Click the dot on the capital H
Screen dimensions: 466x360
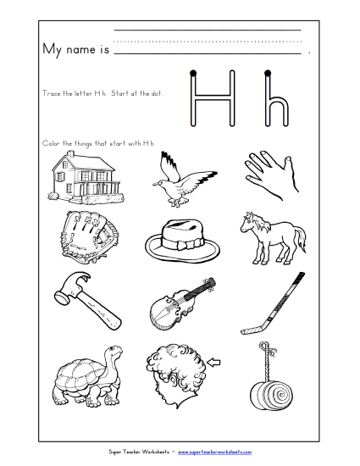(x=196, y=74)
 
